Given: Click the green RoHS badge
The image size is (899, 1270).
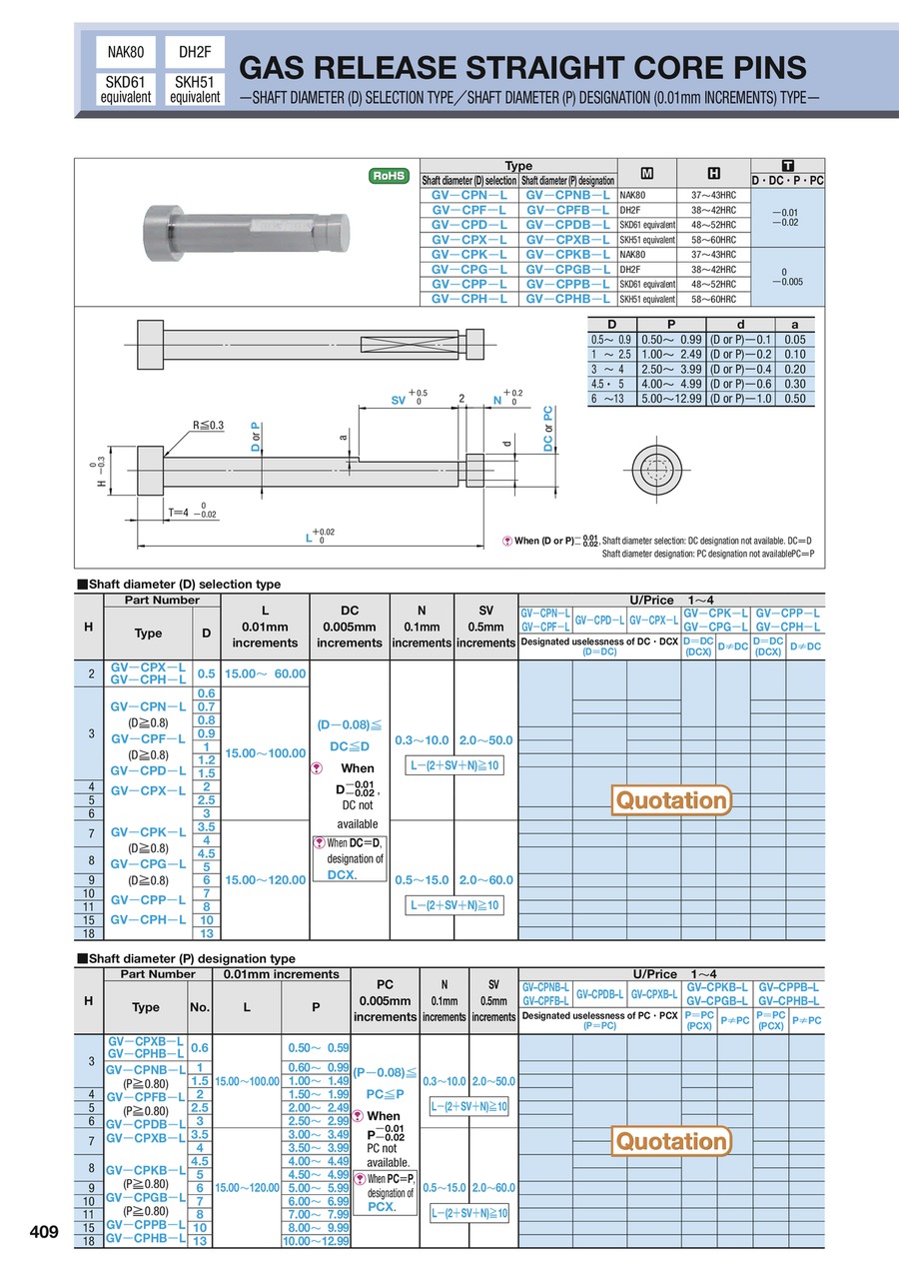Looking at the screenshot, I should (390, 175).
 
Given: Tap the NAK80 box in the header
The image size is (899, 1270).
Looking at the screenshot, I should (125, 51).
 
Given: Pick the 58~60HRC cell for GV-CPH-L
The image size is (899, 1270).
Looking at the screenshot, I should (712, 299).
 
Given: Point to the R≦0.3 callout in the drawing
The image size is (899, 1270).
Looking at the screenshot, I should (209, 425).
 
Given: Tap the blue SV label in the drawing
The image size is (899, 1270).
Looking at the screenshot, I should (398, 400).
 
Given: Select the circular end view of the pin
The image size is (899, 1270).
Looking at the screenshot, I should (655, 468).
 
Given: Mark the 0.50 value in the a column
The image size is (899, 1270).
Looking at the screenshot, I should (795, 399).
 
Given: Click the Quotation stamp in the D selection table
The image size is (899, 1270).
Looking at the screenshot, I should (671, 800).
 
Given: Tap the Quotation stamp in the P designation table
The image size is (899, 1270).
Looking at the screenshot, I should (671, 1141).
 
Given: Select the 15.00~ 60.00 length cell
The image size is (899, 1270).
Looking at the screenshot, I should (265, 673).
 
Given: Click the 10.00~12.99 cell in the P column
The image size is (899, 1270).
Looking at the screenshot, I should (316, 1240).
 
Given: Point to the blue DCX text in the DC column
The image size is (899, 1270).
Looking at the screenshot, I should (343, 874).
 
